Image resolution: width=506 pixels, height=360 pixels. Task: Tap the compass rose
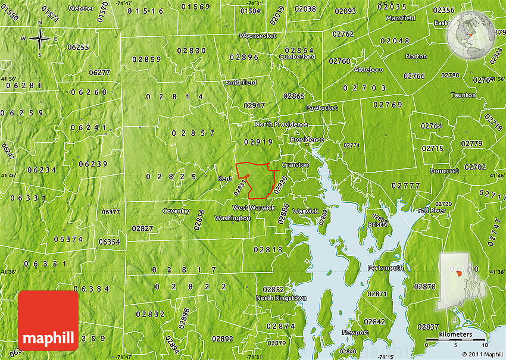click(40, 39)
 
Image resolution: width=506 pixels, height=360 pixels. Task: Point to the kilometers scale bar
click(457, 341)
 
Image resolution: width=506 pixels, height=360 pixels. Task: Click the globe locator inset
click(470, 34)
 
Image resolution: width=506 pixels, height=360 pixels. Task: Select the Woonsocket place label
click(258, 36)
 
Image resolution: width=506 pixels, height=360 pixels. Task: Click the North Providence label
click(281, 124)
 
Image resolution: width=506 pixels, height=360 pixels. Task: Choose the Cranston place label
click(295, 165)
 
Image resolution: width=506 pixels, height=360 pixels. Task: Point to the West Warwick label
click(254, 208)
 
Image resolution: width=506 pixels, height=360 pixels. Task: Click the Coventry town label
click(176, 211)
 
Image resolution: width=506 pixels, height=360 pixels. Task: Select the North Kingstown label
click(281, 298)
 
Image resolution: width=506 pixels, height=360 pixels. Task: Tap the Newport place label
click(355, 333)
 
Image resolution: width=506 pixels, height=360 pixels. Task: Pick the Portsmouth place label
click(386, 268)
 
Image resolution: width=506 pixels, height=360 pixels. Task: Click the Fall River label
click(432, 211)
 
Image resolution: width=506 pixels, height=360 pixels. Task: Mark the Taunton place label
click(463, 95)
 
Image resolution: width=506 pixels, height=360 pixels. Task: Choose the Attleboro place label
click(369, 69)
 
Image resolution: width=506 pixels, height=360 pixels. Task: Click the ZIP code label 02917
click(254, 105)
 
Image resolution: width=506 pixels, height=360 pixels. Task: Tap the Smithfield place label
click(240, 83)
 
